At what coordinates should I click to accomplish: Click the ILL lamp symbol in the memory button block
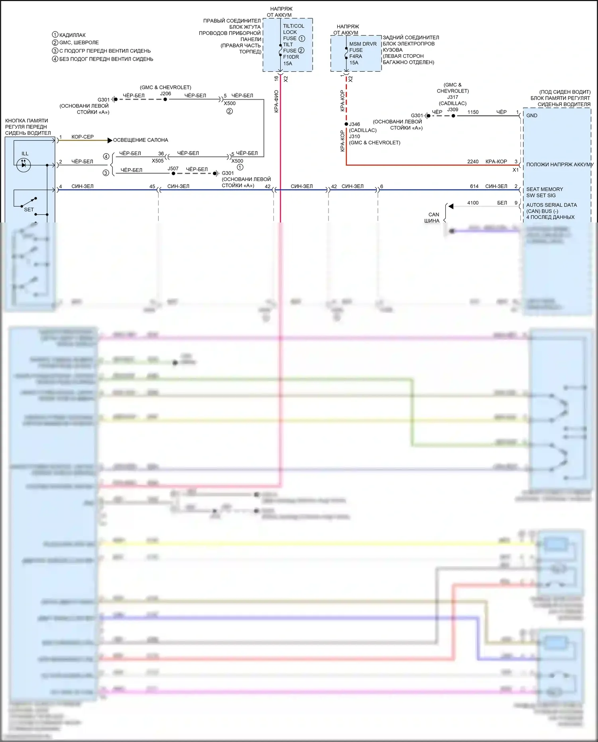click(24, 165)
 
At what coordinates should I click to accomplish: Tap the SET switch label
click(29, 209)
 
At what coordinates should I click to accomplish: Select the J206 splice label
click(165, 94)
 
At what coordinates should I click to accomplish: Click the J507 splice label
click(173, 169)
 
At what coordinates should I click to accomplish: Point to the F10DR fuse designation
click(291, 57)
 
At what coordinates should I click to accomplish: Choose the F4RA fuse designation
click(356, 56)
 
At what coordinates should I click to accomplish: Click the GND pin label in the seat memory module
click(532, 116)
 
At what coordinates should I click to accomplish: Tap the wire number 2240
click(473, 161)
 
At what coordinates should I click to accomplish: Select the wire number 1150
click(473, 112)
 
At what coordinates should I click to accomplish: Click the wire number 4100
click(473, 203)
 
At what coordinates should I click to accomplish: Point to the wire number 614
click(474, 186)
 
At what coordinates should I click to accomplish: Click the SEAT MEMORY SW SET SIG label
click(544, 192)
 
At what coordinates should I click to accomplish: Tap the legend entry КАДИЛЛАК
click(72, 35)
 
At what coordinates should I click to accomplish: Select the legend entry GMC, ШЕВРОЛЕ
click(79, 43)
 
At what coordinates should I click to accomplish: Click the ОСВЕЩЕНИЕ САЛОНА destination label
click(140, 140)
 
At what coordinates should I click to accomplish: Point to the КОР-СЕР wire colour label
click(83, 137)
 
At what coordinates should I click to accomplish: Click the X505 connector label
click(157, 161)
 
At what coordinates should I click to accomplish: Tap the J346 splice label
click(354, 124)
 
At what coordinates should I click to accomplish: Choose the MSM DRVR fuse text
click(363, 44)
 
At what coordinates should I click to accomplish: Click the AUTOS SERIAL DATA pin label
click(551, 205)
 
